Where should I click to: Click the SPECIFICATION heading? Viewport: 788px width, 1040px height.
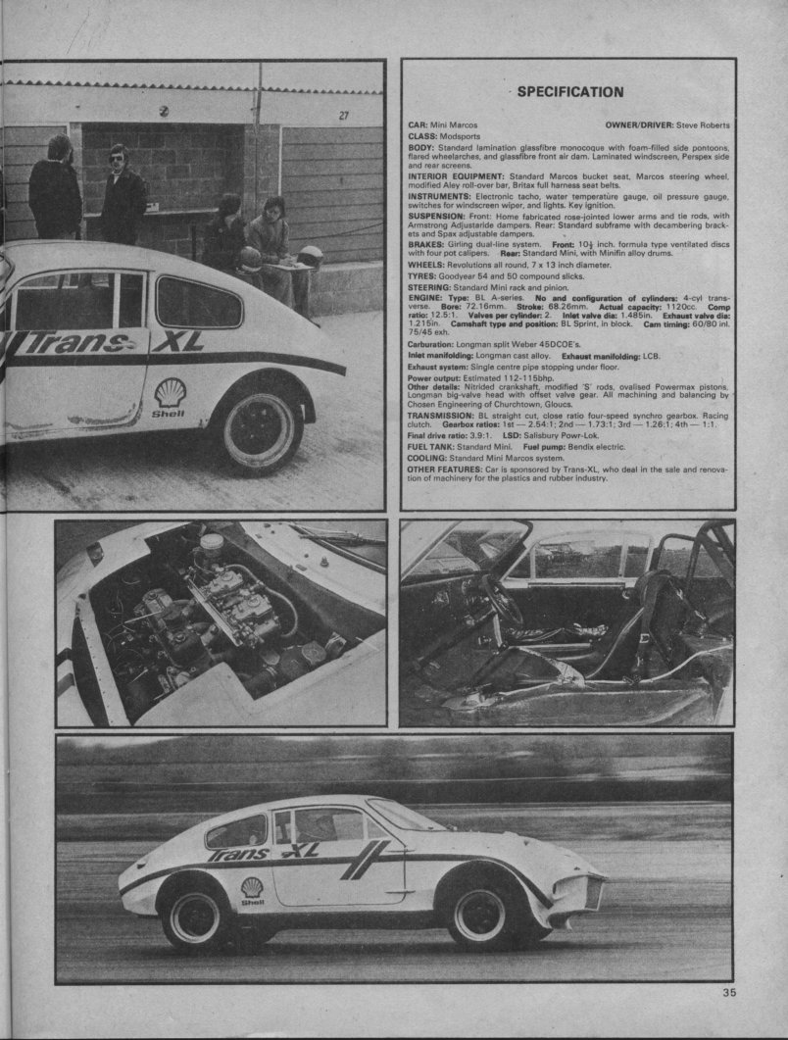[569, 92]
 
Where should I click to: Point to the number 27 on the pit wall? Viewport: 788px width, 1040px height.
[343, 115]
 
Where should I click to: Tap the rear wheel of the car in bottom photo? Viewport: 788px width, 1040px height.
[194, 916]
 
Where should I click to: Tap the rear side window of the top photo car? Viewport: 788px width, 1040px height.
[198, 303]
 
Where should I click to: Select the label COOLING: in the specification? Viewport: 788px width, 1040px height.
[428, 458]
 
